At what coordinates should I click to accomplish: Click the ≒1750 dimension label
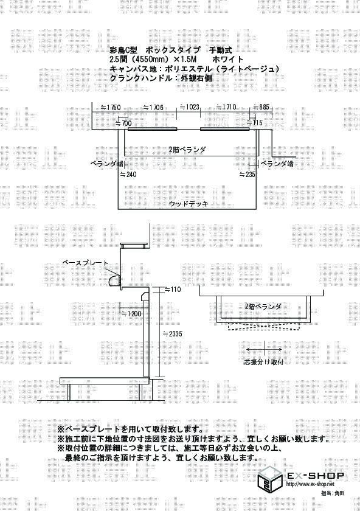click(x=111, y=108)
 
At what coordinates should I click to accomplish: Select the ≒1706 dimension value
click(x=153, y=108)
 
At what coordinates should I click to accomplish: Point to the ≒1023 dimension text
click(x=190, y=107)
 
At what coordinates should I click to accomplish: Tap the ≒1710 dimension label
click(x=226, y=107)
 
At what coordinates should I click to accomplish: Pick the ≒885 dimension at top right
click(x=261, y=107)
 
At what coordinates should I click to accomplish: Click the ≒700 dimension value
click(x=124, y=123)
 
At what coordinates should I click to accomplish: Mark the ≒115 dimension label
click(x=254, y=123)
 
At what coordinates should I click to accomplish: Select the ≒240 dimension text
click(x=128, y=175)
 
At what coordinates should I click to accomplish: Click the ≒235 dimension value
click(x=247, y=175)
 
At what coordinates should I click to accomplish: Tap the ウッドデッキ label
click(x=189, y=204)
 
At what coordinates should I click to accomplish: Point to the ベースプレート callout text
click(x=85, y=263)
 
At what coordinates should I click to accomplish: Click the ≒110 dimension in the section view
click(x=172, y=290)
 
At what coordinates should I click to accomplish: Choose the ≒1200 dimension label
click(x=131, y=314)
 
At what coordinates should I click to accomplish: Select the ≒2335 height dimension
click(x=172, y=334)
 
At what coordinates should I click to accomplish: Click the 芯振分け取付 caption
click(x=264, y=362)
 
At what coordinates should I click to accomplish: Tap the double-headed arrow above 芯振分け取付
click(x=264, y=349)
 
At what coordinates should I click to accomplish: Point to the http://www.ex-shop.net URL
click(x=310, y=484)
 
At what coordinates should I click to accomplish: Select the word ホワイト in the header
click(x=227, y=60)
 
